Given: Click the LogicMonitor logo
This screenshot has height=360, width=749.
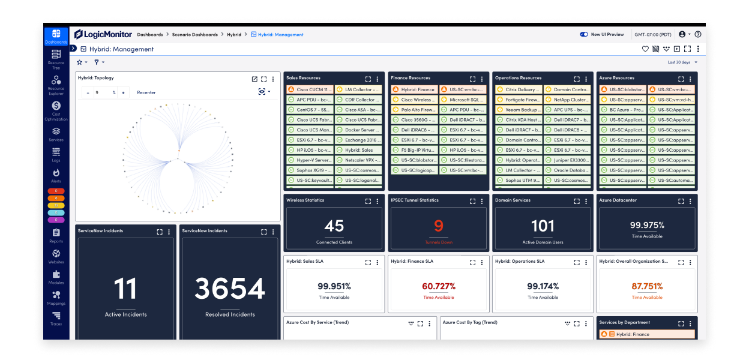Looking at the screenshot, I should (103, 34).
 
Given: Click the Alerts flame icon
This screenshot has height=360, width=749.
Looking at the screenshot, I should (56, 173).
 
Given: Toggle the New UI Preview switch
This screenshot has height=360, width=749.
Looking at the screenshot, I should (584, 34).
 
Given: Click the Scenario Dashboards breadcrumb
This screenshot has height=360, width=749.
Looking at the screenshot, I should (195, 35).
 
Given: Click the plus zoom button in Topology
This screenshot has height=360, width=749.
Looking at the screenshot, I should (123, 92).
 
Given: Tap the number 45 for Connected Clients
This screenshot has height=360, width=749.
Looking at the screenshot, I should (334, 226).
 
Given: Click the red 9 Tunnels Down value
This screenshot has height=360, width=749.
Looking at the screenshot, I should (438, 226).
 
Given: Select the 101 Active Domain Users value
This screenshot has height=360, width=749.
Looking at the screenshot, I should (543, 226).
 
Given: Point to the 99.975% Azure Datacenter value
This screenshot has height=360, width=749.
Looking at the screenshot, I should (647, 226).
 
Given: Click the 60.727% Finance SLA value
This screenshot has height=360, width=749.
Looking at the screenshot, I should (438, 286).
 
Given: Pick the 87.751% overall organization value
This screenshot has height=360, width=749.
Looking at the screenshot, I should (647, 286).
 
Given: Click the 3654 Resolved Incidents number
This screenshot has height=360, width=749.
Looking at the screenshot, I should (230, 289).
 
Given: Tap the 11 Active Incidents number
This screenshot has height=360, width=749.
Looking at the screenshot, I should (125, 289).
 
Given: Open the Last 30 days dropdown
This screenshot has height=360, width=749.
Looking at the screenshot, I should (682, 62).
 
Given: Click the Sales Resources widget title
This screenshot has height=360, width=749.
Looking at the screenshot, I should (303, 78).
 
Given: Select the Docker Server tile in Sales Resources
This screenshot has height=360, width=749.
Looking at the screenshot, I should (359, 130).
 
